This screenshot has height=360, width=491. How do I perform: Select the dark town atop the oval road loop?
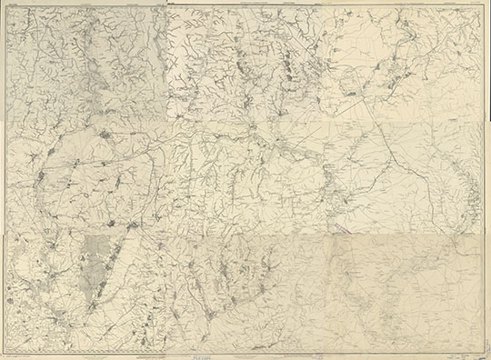pos(107,137)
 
